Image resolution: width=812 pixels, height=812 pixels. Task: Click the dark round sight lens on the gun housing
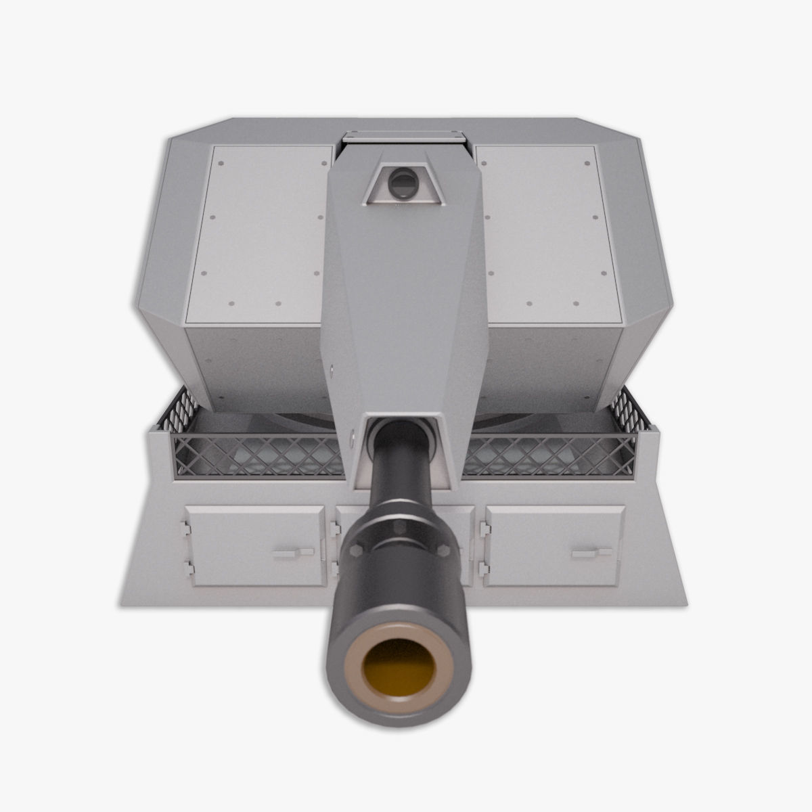403,183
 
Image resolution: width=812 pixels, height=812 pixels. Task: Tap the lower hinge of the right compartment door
482,566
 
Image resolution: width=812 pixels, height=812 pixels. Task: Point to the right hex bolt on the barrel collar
445,549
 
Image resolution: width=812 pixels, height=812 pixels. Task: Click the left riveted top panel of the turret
261,230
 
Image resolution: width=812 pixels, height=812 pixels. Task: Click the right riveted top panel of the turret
545,230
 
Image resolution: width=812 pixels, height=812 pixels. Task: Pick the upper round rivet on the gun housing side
334,369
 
